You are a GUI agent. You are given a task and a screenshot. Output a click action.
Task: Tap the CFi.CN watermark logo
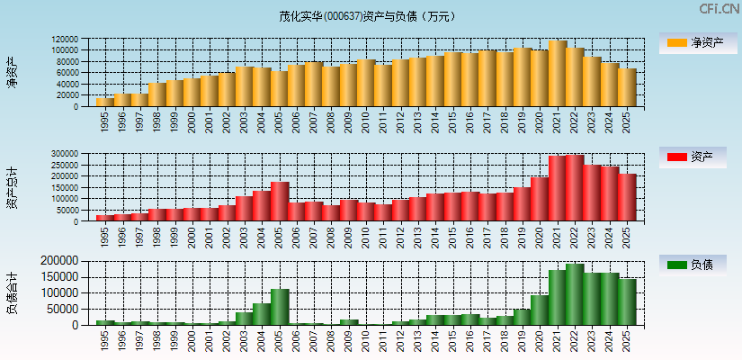click(x=720, y=8)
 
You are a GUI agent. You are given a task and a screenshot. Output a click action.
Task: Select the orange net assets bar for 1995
click(x=105, y=102)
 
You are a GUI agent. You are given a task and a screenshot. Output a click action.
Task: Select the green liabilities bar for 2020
click(x=540, y=310)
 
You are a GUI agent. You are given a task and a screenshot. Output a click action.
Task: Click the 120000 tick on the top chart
click(x=66, y=40)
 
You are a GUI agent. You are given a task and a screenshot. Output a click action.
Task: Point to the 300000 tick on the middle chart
click(x=66, y=154)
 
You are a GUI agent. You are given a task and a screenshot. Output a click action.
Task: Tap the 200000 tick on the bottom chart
click(x=60, y=261)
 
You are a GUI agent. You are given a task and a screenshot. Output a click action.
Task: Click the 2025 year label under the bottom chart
click(x=627, y=339)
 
